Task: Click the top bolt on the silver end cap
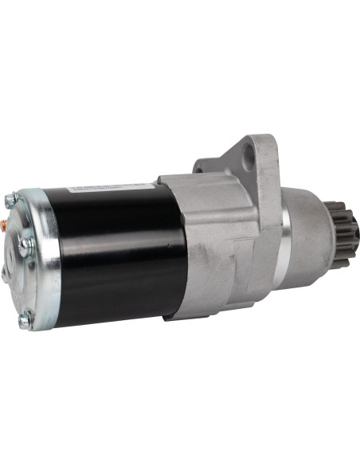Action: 11,200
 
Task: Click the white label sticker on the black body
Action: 112,188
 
